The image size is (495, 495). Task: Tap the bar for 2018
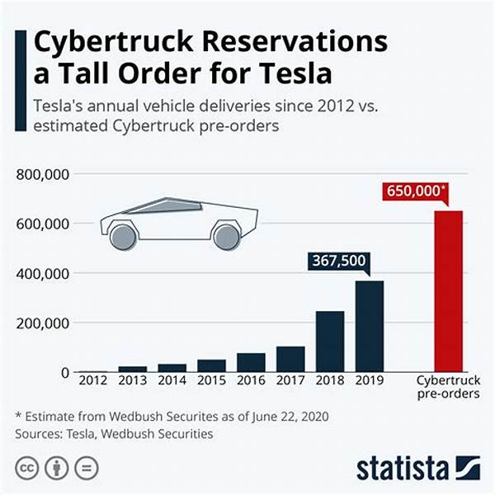tap(330, 342)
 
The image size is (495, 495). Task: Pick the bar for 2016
tap(251, 362)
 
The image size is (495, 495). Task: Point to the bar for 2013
tap(132, 368)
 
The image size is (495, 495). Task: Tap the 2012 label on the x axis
tap(92, 380)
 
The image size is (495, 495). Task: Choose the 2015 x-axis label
tap(211, 380)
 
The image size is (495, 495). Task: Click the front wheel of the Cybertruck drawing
tap(122, 237)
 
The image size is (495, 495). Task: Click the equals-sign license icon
tap(85, 469)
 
